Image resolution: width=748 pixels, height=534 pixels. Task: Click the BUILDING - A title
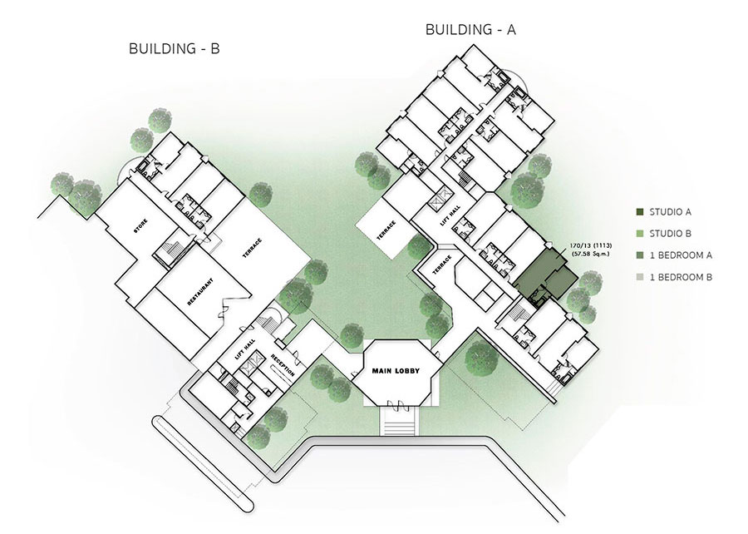point(470,30)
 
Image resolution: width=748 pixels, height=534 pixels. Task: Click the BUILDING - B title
point(175,49)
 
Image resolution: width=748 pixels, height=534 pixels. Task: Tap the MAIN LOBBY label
point(396,370)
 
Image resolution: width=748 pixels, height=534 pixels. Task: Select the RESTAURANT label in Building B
point(199,291)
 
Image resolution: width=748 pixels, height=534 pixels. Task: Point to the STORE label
point(140,225)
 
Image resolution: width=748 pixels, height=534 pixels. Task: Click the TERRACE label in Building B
point(252,248)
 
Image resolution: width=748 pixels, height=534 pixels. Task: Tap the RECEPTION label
point(283,365)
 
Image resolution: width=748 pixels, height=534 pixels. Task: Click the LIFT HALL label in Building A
point(449,216)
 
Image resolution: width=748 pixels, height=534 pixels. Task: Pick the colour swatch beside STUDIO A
point(640,212)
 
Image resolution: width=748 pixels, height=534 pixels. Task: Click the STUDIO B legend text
point(670,234)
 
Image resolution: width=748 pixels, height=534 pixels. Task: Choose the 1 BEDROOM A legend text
point(681,255)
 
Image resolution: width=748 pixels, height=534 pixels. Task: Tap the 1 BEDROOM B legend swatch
point(640,277)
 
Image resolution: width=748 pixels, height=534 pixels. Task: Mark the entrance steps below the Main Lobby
point(399,420)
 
